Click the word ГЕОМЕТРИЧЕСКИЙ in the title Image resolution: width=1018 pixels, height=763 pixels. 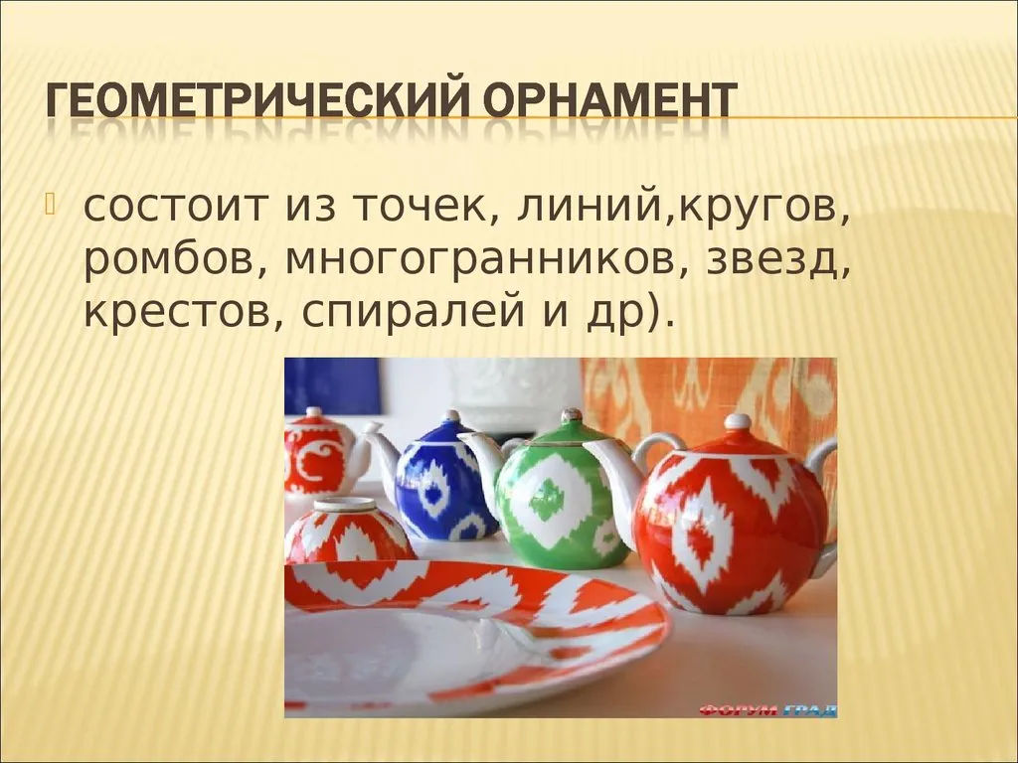pyautogui.click(x=258, y=100)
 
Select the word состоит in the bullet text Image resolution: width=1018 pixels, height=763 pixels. pyautogui.click(x=175, y=206)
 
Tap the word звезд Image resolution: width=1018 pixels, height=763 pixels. pyautogui.click(x=777, y=259)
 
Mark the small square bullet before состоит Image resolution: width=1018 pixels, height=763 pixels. pyautogui.click(x=51, y=203)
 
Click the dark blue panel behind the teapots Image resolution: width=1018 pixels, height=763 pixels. pyautogui.click(x=332, y=386)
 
